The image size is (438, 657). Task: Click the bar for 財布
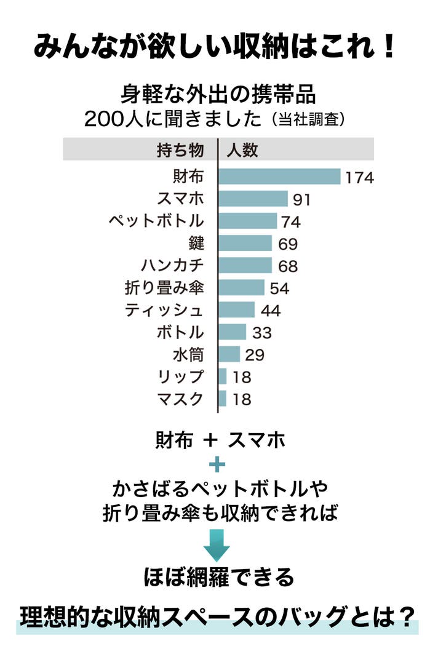[x=280, y=177]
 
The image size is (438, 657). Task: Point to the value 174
[x=359, y=178]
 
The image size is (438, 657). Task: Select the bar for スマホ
[x=253, y=199]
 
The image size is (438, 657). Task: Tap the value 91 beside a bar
[x=301, y=200]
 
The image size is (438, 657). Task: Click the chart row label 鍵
[x=196, y=243]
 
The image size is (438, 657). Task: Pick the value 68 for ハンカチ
[x=287, y=266]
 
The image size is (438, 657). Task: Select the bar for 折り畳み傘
[x=242, y=287]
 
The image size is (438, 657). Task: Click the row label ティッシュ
[x=164, y=310]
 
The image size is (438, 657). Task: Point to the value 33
[x=261, y=333]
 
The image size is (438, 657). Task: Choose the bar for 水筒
[x=229, y=354]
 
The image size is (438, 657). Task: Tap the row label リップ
[x=181, y=376]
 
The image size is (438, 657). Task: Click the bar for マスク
[x=223, y=399]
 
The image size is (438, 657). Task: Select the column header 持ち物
[x=180, y=150]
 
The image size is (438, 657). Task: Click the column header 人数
[x=242, y=150]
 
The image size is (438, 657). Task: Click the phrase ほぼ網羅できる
[x=218, y=578]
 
